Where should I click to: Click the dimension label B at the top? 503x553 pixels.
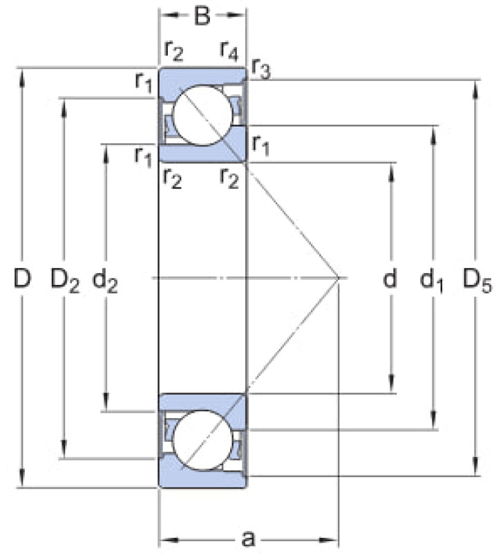(202, 15)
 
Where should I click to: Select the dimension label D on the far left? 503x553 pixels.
(22, 278)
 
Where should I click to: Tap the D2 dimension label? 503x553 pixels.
(65, 280)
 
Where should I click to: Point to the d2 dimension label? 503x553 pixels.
(105, 280)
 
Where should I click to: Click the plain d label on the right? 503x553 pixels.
(390, 278)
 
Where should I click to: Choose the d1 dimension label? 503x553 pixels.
(431, 280)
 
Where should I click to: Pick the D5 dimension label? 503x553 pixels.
(477, 280)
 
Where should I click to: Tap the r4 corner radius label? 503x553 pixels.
(229, 50)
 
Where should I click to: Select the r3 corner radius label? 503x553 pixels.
(261, 69)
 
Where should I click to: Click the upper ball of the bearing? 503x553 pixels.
(203, 115)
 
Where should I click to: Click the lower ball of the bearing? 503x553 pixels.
(203, 440)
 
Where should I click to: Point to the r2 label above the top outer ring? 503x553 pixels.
(173, 50)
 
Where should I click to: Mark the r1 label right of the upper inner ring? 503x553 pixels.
(261, 146)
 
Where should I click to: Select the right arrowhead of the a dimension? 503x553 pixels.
(328, 540)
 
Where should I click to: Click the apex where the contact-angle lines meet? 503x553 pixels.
(339, 278)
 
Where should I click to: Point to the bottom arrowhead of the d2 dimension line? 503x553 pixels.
(106, 402)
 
